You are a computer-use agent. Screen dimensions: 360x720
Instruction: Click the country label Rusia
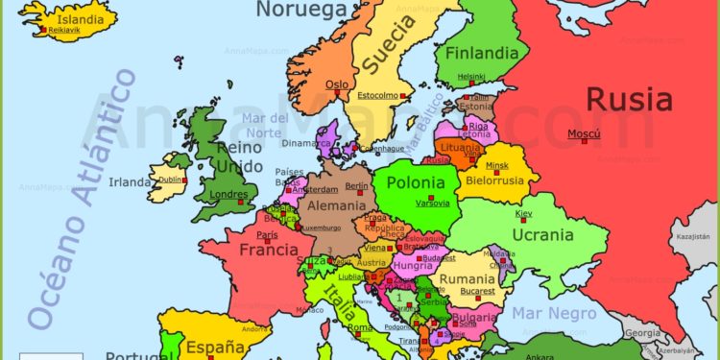[629, 99]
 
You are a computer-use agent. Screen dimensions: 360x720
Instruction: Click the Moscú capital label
[584, 133]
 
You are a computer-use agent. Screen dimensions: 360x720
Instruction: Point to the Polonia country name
[416, 182]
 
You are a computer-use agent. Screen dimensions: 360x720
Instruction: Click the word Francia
[268, 250]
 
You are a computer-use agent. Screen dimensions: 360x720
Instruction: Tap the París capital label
[267, 234]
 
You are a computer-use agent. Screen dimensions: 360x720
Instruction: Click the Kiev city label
[523, 213]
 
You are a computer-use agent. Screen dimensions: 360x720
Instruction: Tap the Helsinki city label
[470, 77]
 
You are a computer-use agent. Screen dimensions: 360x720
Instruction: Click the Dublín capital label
[171, 179]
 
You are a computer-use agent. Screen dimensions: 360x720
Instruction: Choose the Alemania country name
[335, 205]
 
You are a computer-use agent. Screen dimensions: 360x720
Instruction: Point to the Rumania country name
[468, 278]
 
